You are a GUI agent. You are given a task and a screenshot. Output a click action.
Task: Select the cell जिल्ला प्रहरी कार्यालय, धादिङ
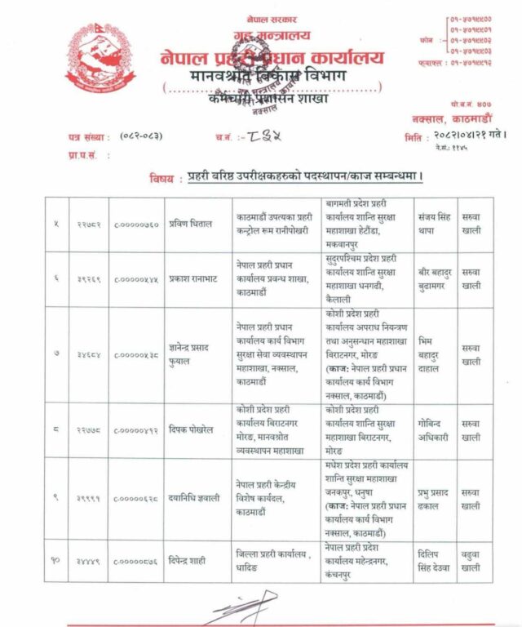click(272, 559)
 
